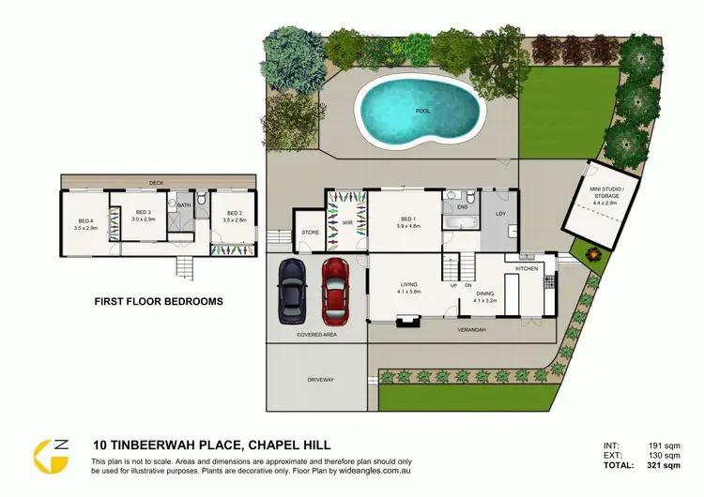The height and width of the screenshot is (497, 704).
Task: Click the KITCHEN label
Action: [528, 270]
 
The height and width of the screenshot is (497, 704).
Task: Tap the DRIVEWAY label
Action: [321, 380]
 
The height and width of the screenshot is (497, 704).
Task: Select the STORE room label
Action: [310, 233]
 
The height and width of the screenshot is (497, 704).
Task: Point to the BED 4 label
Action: [85, 223]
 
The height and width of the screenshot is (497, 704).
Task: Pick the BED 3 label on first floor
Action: [143, 213]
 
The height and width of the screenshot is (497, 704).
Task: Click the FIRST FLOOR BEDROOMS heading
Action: [159, 302]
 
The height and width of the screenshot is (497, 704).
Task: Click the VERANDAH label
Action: [470, 330]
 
